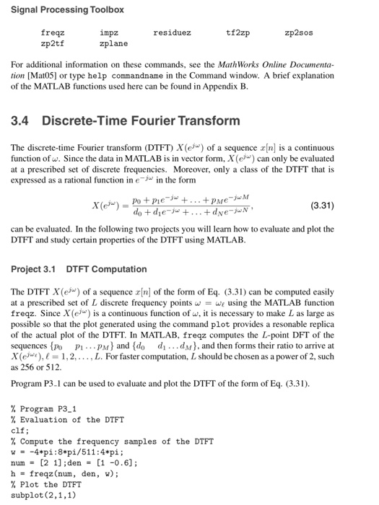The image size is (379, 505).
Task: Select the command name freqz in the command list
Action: (x=53, y=33)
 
